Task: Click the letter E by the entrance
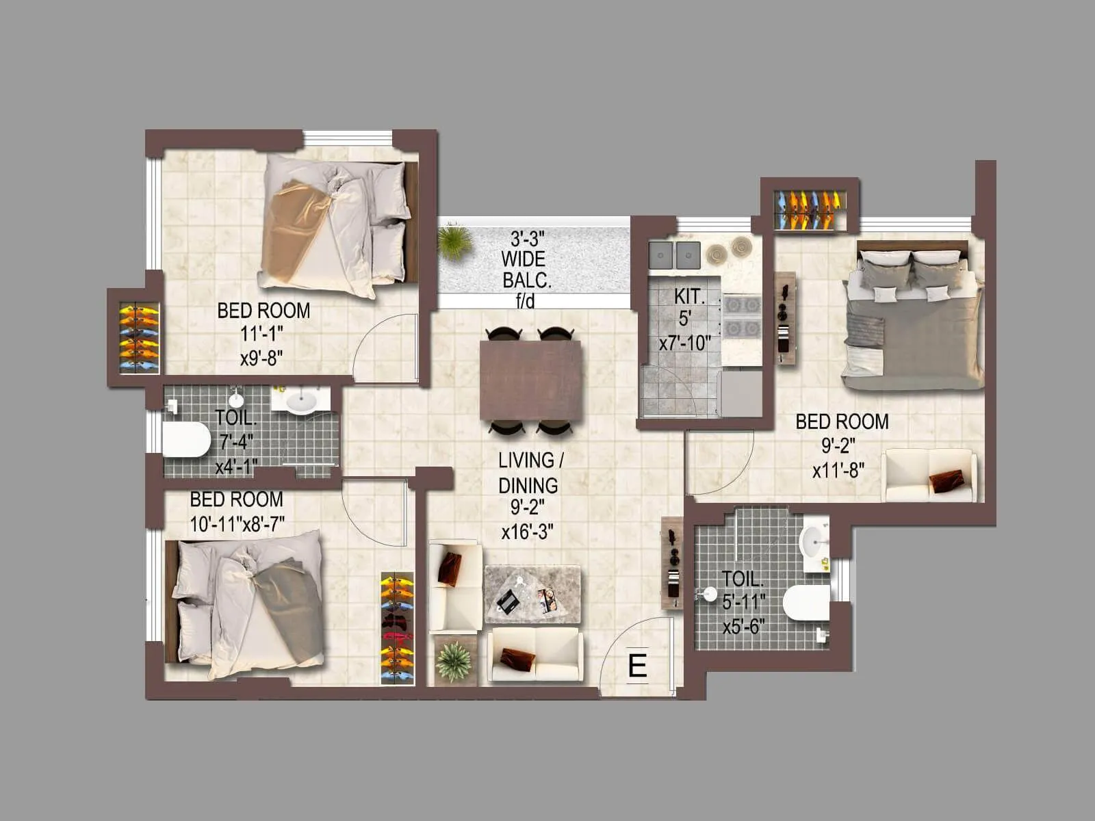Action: click(637, 665)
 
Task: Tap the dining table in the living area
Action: click(531, 380)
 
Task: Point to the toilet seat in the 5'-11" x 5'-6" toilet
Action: click(806, 602)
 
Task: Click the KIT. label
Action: click(688, 296)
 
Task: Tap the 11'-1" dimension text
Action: click(262, 334)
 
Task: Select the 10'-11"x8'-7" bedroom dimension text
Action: click(237, 524)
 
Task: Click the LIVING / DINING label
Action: click(527, 472)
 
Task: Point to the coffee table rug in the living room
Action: click(532, 594)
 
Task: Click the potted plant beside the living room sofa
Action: click(454, 661)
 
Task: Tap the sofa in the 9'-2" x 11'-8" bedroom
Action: click(929, 475)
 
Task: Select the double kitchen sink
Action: click(675, 255)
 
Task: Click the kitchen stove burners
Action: click(741, 316)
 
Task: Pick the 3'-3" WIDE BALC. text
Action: click(526, 260)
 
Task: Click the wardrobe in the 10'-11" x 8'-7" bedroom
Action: click(398, 628)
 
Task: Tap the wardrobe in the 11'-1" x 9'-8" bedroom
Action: click(139, 338)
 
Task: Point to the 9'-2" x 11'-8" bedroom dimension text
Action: click(838, 458)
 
